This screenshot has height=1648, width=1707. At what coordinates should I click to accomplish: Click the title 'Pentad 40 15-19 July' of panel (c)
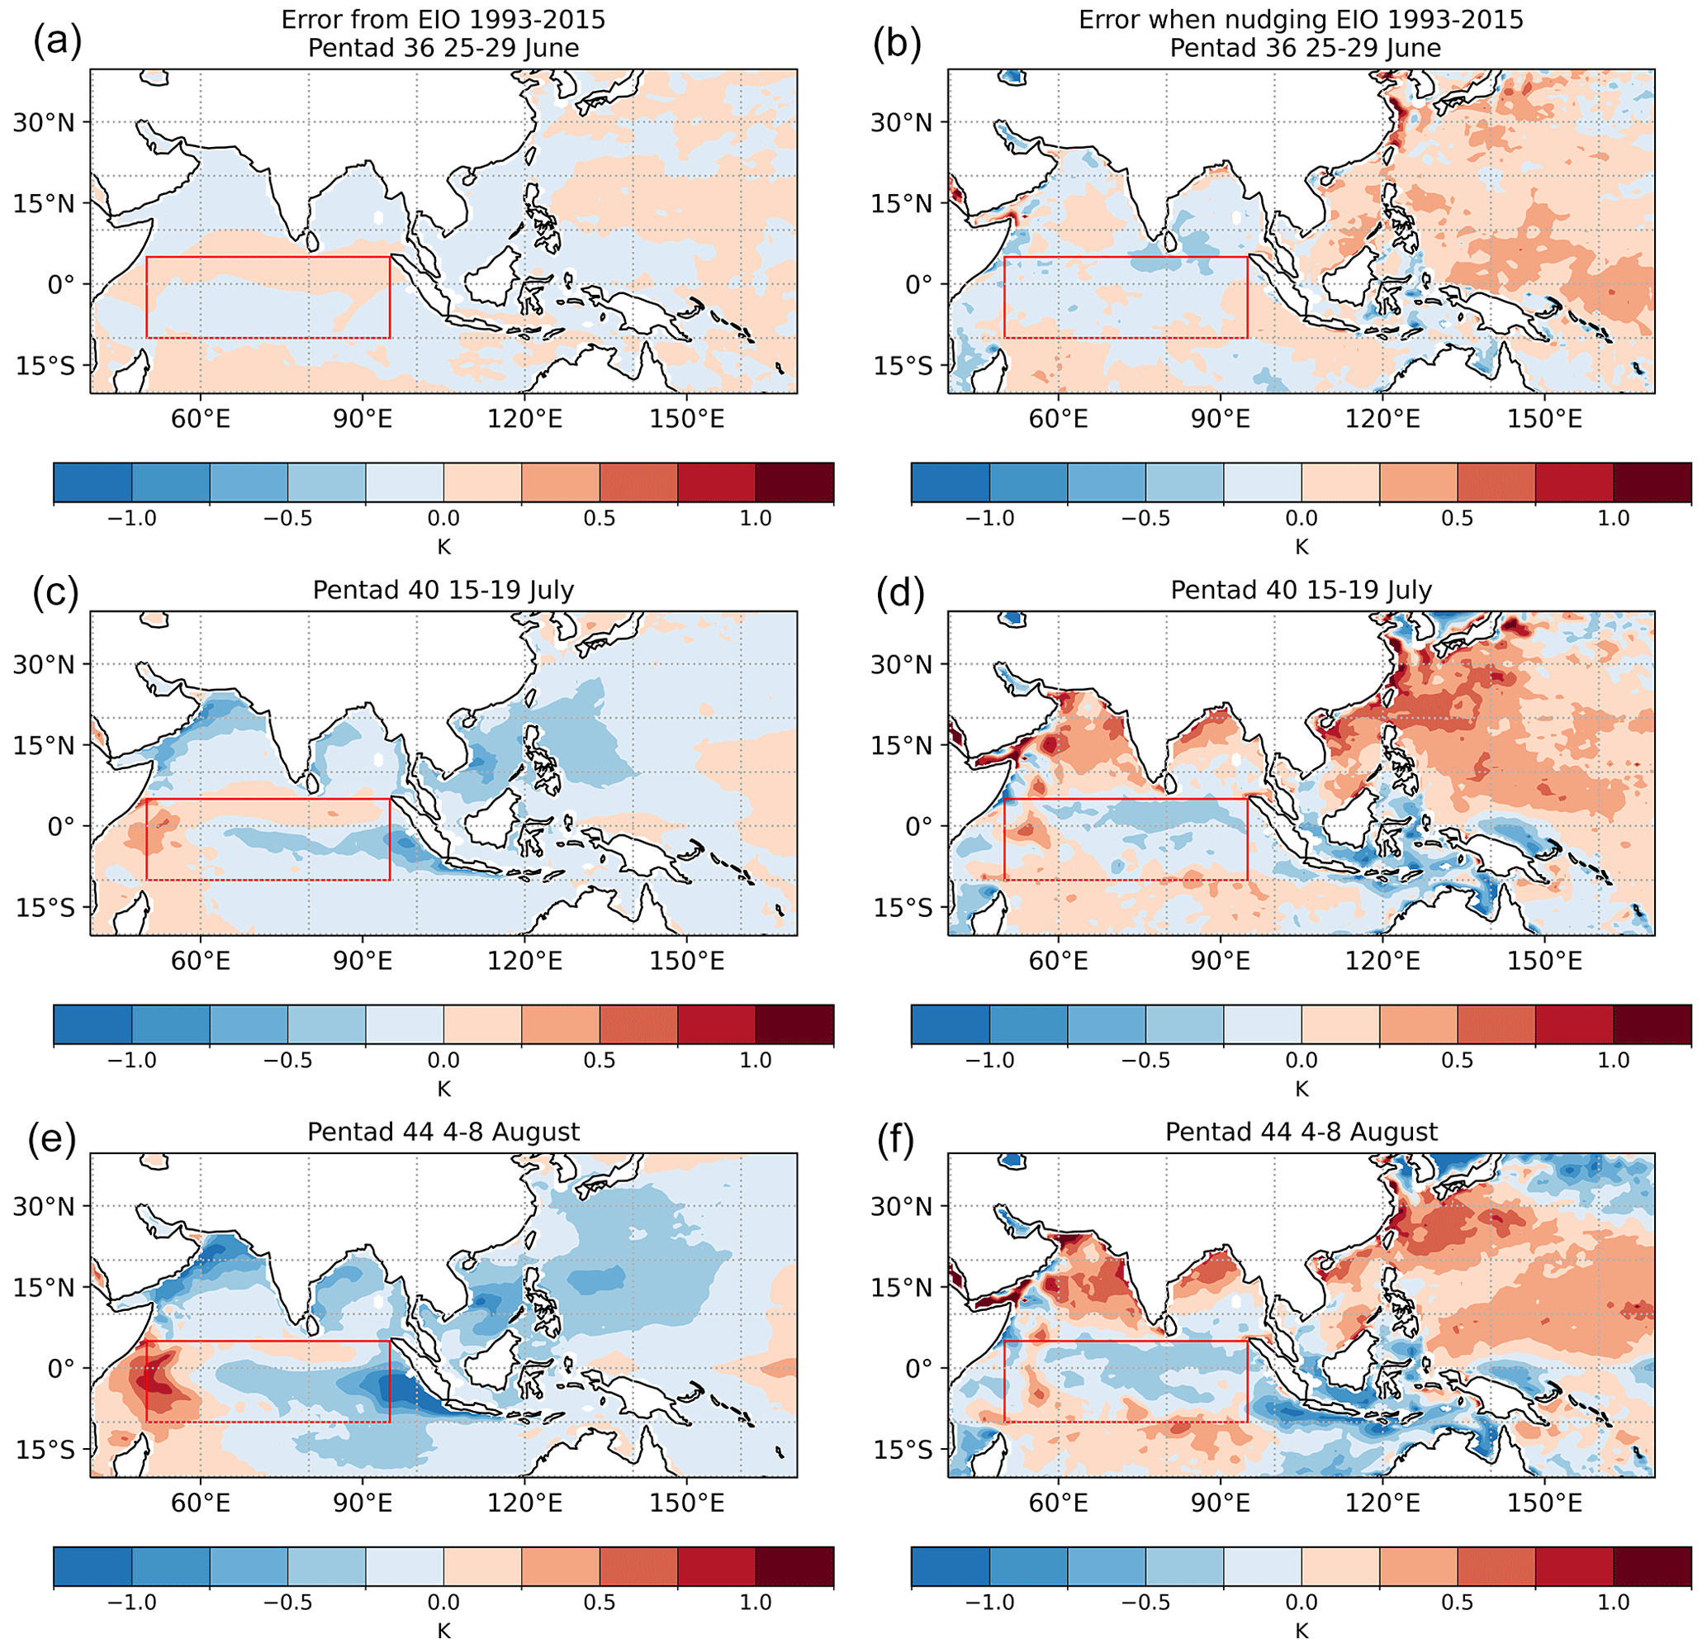click(443, 591)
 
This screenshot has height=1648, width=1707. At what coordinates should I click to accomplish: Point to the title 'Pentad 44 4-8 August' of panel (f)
click(1302, 1133)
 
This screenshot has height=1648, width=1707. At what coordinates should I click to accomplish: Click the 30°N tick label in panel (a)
click(44, 122)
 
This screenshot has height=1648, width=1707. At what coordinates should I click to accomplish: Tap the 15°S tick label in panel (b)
click(902, 366)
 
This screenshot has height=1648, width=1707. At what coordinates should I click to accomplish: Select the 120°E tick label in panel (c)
click(524, 962)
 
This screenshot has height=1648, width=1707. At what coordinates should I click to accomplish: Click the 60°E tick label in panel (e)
click(202, 1503)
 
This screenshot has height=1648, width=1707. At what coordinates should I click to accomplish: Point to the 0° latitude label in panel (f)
click(919, 1369)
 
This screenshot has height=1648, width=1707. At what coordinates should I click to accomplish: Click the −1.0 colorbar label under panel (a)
click(131, 518)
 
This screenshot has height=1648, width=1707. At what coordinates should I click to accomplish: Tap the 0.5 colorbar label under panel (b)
click(1457, 518)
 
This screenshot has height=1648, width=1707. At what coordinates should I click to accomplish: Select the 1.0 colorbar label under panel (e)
click(755, 1602)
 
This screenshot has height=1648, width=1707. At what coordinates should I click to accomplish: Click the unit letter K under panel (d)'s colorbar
click(1302, 1089)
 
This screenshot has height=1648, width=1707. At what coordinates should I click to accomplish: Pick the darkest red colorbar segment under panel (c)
click(794, 1024)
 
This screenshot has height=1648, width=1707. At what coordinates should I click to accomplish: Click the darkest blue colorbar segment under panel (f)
click(951, 1566)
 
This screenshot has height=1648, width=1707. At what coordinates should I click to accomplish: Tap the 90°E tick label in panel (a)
click(363, 420)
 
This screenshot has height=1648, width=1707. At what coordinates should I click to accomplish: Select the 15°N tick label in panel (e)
click(44, 1287)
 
